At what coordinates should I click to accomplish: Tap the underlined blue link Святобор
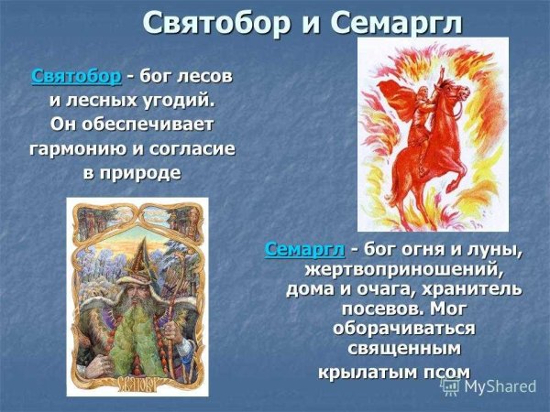[x=75, y=76]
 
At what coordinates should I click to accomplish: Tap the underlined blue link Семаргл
[x=304, y=249]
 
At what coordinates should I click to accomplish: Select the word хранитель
[x=471, y=289]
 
